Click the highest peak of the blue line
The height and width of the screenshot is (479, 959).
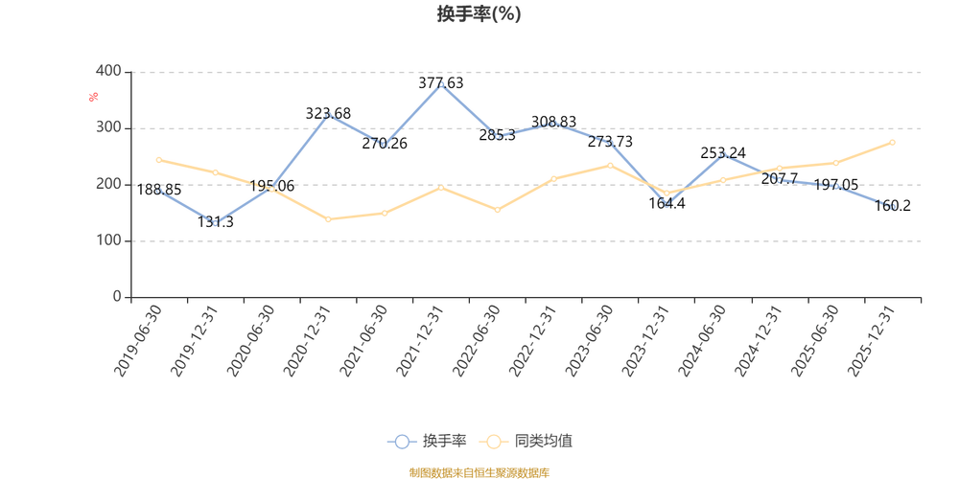pos(439,83)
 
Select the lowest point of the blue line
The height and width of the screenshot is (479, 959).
pos(217,224)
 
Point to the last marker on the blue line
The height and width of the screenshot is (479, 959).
pos(893,207)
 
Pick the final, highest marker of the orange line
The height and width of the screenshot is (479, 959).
pos(893,142)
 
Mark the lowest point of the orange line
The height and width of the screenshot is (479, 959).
pos(329,219)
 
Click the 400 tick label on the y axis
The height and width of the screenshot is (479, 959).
pos(108,71)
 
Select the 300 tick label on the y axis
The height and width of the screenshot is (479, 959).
pos(108,127)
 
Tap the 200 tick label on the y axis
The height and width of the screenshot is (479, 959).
pos(108,184)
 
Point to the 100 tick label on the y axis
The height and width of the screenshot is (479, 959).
pos(108,240)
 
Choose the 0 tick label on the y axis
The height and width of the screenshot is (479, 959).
pos(116,297)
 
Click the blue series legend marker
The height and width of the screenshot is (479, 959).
pos(403,442)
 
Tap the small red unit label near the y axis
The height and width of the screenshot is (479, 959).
pos(93,96)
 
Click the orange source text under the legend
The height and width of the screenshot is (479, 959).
pos(479,470)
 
